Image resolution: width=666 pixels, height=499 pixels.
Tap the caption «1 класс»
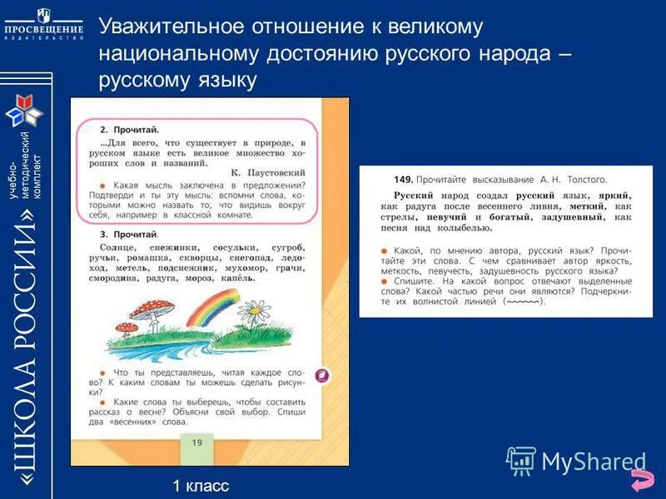tap(201, 486)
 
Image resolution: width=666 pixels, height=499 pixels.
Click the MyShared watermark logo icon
tap(521, 460)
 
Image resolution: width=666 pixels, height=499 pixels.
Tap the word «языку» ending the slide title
tap(220, 80)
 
